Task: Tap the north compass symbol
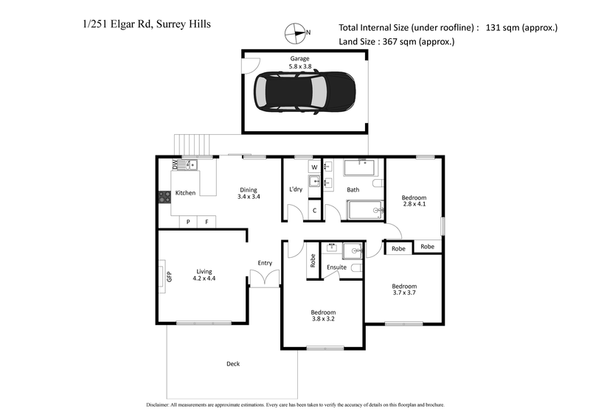[296, 32]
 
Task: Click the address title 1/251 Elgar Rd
[147, 24]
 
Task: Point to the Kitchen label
[185, 193]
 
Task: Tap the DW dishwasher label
[176, 164]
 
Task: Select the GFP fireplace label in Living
[169, 277]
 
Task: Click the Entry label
[265, 263]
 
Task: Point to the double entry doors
[265, 278]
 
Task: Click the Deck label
[232, 363]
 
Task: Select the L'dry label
[296, 190]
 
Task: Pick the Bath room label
[353, 190]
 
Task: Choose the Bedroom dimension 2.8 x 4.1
[414, 206]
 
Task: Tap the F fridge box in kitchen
[206, 221]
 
